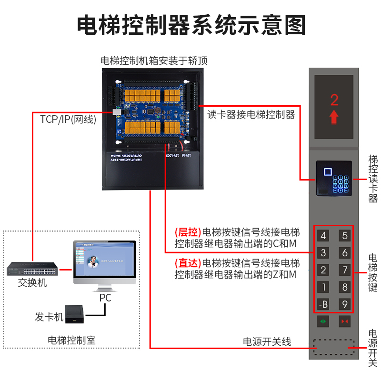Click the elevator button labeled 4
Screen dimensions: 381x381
(323, 235)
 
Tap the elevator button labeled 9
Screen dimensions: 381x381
(344, 304)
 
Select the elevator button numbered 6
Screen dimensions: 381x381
(344, 252)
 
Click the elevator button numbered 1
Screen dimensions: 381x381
(323, 287)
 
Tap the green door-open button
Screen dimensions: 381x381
(323, 322)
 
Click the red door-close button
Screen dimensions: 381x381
(344, 322)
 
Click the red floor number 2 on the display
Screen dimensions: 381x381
(334, 100)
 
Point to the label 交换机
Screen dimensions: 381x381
(32, 283)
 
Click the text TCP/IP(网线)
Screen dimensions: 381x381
(65, 120)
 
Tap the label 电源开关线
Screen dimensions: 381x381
(267, 341)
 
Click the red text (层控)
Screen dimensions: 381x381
(188, 233)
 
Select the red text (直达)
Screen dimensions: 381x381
(188, 263)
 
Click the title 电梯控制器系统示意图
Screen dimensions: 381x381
(190, 25)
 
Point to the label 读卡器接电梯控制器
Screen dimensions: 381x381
(251, 115)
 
